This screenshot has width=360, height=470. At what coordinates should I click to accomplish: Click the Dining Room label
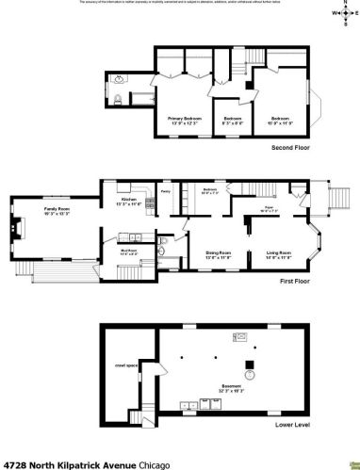click(219, 253)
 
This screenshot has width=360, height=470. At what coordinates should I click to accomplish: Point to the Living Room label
click(278, 253)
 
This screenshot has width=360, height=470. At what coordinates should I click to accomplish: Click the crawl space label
click(122, 365)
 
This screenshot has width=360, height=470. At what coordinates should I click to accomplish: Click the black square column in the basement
click(250, 365)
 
